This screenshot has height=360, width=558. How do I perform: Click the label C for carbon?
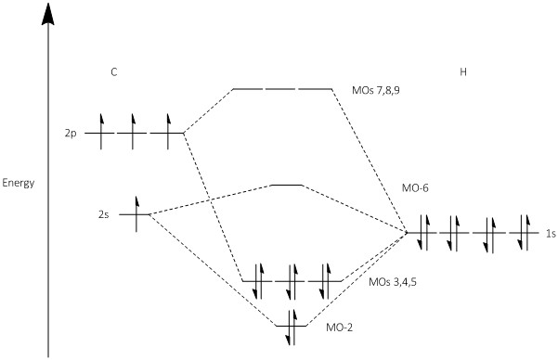(x=113, y=72)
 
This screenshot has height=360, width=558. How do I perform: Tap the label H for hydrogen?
(x=463, y=72)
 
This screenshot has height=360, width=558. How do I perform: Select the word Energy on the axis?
(x=19, y=184)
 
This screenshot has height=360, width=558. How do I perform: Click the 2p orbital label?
(x=71, y=135)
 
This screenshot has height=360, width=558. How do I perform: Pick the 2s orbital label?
(x=104, y=215)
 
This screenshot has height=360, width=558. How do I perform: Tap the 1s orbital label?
(x=551, y=234)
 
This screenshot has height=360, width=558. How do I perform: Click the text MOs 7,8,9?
(x=376, y=90)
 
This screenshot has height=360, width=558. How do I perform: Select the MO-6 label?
(x=415, y=187)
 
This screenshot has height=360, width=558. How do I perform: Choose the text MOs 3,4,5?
(x=393, y=282)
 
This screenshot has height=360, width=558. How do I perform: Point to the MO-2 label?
(x=340, y=328)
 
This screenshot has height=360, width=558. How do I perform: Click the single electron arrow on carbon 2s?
(x=136, y=213)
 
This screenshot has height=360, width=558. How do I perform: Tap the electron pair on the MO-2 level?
(x=292, y=328)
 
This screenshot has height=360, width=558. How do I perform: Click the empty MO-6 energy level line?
(x=287, y=185)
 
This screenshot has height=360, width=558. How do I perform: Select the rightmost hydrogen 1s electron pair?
(x=524, y=233)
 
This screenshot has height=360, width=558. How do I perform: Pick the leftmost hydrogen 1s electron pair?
(x=422, y=233)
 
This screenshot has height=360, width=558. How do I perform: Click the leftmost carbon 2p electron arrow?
(x=101, y=131)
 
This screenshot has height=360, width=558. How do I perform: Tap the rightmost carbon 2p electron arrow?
(x=168, y=131)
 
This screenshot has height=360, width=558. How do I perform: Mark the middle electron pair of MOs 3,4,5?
(x=292, y=281)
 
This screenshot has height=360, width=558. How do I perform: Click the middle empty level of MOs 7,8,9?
(x=282, y=88)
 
